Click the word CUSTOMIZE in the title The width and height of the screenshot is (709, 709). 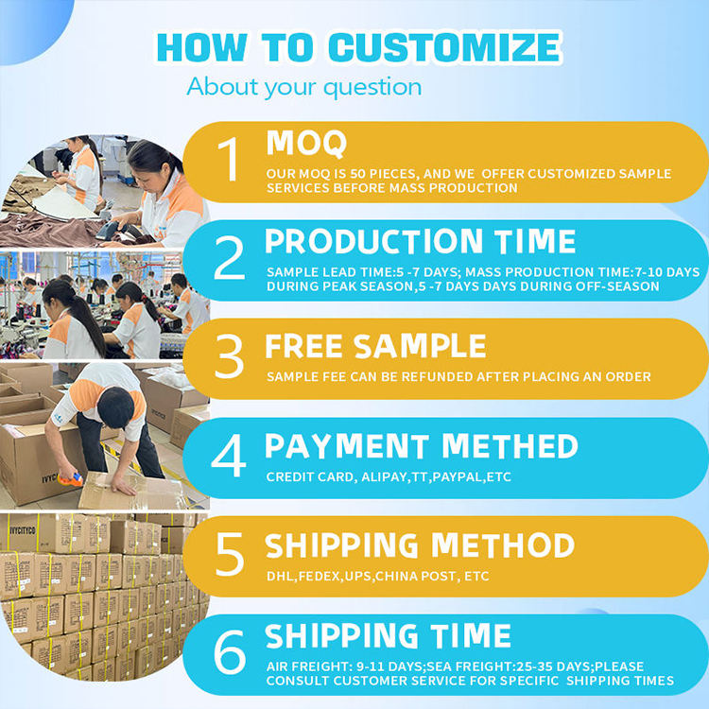click(x=444, y=47)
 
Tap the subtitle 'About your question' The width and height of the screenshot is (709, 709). click(x=303, y=87)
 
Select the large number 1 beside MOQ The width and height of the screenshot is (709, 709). click(x=229, y=159)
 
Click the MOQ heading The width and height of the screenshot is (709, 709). click(x=306, y=144)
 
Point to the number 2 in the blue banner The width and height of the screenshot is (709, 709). click(x=230, y=258)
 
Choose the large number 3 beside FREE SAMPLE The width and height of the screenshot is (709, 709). click(x=229, y=356)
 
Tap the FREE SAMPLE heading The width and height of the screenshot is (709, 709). click(x=375, y=346)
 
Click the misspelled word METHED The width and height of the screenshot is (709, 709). click(x=510, y=446)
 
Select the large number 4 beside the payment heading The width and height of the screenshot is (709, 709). click(x=229, y=456)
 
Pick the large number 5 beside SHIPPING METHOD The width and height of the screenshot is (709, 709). click(x=230, y=554)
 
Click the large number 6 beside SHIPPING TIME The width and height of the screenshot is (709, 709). click(x=230, y=652)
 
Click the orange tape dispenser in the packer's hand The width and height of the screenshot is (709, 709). click(x=70, y=479)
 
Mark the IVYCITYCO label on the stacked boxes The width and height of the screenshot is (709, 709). click(x=22, y=530)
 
